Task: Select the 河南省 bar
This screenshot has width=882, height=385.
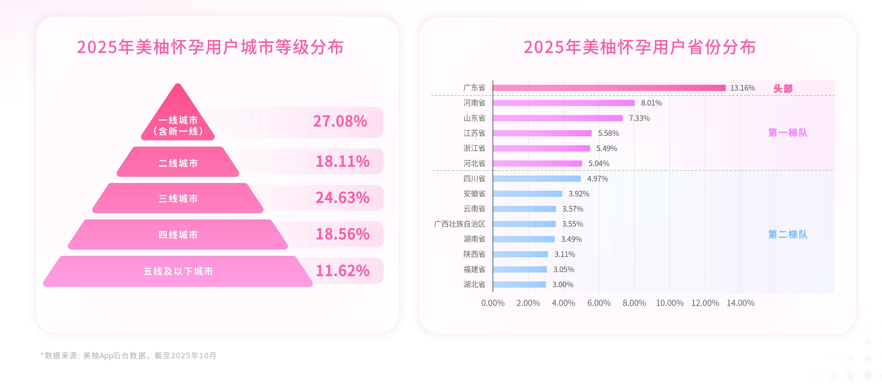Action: pyautogui.click(x=563, y=103)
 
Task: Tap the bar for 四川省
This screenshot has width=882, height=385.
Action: pyautogui.click(x=537, y=179)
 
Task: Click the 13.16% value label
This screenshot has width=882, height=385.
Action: pyautogui.click(x=742, y=88)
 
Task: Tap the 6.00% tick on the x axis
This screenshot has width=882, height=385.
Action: pyautogui.click(x=599, y=303)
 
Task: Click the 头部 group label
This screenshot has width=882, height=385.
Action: pyautogui.click(x=783, y=88)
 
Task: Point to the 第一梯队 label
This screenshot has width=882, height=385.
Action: pyautogui.click(x=788, y=133)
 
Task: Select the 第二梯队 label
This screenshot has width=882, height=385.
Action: pyautogui.click(x=788, y=235)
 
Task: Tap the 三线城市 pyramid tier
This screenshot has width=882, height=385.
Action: pyautogui.click(x=178, y=199)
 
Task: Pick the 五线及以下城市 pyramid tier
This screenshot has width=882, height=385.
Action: pyautogui.click(x=178, y=271)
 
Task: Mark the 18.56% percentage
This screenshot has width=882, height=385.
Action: pyautogui.click(x=342, y=234)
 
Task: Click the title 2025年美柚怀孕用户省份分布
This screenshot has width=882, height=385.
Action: pyautogui.click(x=639, y=47)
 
